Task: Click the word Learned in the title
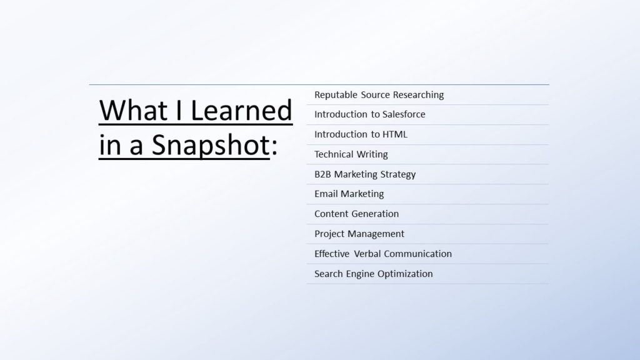click(241, 110)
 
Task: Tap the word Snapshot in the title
click(211, 146)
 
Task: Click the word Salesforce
click(404, 114)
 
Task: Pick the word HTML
click(395, 134)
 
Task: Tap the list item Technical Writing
click(351, 154)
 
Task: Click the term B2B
click(322, 174)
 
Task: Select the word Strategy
click(398, 175)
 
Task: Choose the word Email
click(326, 194)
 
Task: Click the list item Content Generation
click(356, 214)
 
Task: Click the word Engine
click(359, 274)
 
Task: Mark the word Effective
click(332, 254)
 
